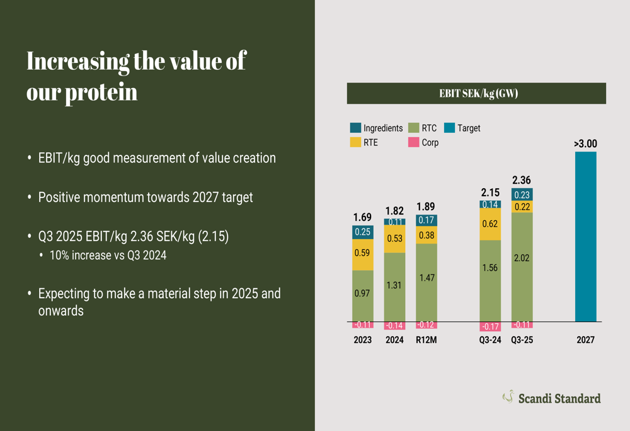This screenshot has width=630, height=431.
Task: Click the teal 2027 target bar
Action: click(x=585, y=237)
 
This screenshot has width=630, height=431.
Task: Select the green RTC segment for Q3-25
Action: click(x=522, y=267)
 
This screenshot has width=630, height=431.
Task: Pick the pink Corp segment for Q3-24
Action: click(x=490, y=327)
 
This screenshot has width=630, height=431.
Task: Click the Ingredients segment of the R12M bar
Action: click(x=426, y=220)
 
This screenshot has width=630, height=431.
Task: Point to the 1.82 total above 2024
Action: click(x=394, y=211)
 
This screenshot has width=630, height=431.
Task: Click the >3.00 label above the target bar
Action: click(x=585, y=143)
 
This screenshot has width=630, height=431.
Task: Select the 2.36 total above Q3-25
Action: click(x=522, y=181)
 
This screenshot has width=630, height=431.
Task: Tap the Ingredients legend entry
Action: click(x=376, y=128)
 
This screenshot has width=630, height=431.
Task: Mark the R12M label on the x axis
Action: click(x=426, y=340)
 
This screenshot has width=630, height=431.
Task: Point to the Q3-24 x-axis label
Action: click(x=490, y=340)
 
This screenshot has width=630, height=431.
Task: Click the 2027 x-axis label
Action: click(x=585, y=340)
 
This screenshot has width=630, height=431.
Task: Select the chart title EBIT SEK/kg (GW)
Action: click(x=476, y=94)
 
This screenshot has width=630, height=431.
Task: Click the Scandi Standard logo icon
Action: click(x=508, y=396)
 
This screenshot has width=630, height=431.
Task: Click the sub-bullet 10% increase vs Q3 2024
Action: click(x=108, y=255)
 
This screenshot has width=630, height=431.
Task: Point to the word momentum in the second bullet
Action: click(x=114, y=197)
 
